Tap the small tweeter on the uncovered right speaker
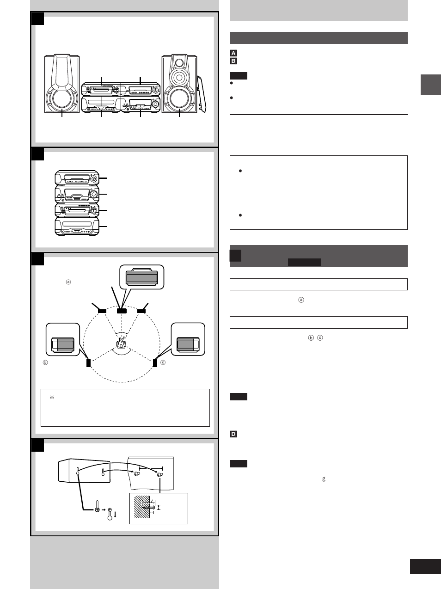tap(179, 62)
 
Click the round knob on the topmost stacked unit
tap(94, 178)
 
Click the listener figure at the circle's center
tap(121, 343)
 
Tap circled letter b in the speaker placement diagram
tap(45, 362)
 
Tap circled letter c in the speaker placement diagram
tap(163, 362)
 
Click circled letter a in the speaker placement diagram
tap(68, 282)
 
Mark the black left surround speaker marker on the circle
tap(88, 362)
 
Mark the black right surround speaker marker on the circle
tap(155, 362)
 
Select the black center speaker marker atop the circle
tap(122, 311)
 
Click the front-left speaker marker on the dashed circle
tap(102, 311)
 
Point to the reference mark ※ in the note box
tap(52, 397)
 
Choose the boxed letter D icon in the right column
tap(233, 434)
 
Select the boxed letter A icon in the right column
tap(233, 53)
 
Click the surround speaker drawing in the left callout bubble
tap(62, 345)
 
